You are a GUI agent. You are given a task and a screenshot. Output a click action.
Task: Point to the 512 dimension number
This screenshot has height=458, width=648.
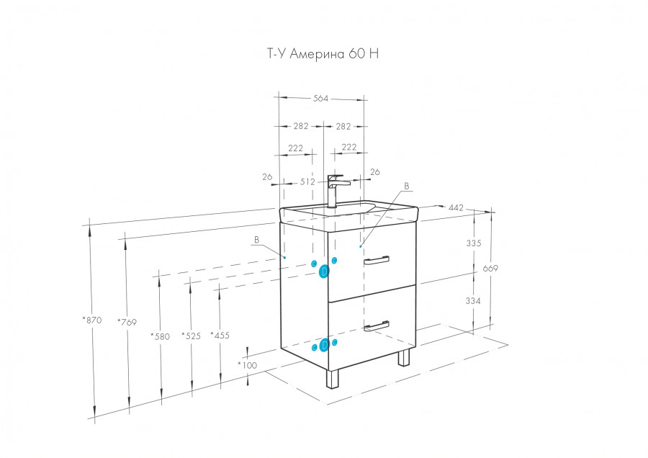pos(307,182)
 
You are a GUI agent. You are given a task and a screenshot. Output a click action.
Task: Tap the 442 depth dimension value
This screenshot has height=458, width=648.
pos(456,208)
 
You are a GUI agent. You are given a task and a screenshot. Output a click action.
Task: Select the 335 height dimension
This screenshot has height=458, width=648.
pos(473,243)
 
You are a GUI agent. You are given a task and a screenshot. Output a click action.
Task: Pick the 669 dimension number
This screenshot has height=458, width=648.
pos(490,269)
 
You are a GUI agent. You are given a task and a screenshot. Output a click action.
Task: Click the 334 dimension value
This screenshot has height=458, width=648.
pos(473,300)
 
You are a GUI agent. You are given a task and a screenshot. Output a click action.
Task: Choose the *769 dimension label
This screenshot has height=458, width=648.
pos(126,322)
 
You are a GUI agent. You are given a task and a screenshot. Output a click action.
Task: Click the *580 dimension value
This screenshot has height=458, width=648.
pos(160,336)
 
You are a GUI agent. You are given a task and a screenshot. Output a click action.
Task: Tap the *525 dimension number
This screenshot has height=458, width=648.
pos(191,336)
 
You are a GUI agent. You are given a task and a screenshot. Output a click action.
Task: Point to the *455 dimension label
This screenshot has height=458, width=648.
pos(219,335)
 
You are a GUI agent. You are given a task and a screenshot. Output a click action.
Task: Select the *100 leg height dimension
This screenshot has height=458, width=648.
pos(247,365)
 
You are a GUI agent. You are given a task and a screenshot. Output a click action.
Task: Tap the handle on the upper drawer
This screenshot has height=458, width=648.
pos(377,259)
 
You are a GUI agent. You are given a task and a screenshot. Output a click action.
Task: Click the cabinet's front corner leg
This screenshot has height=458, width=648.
pos(333,379)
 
